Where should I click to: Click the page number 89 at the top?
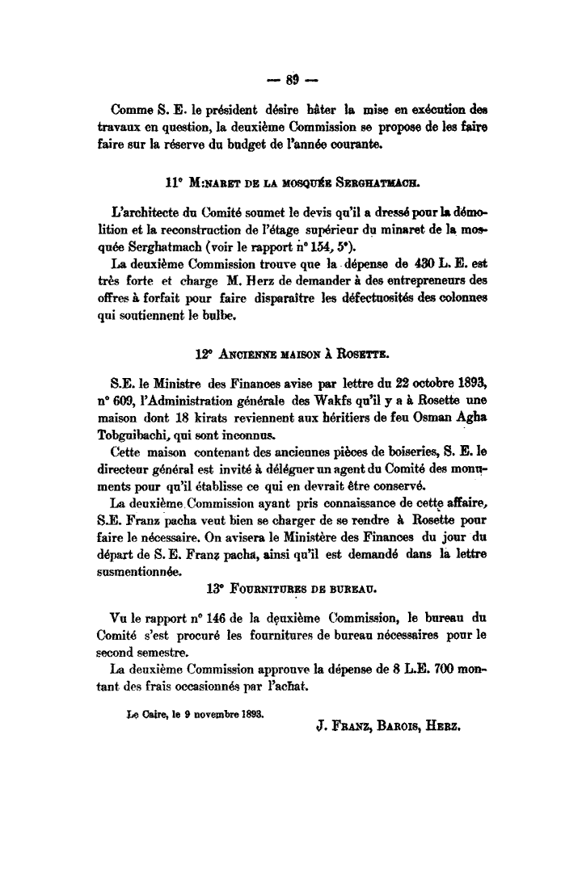point(291,79)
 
